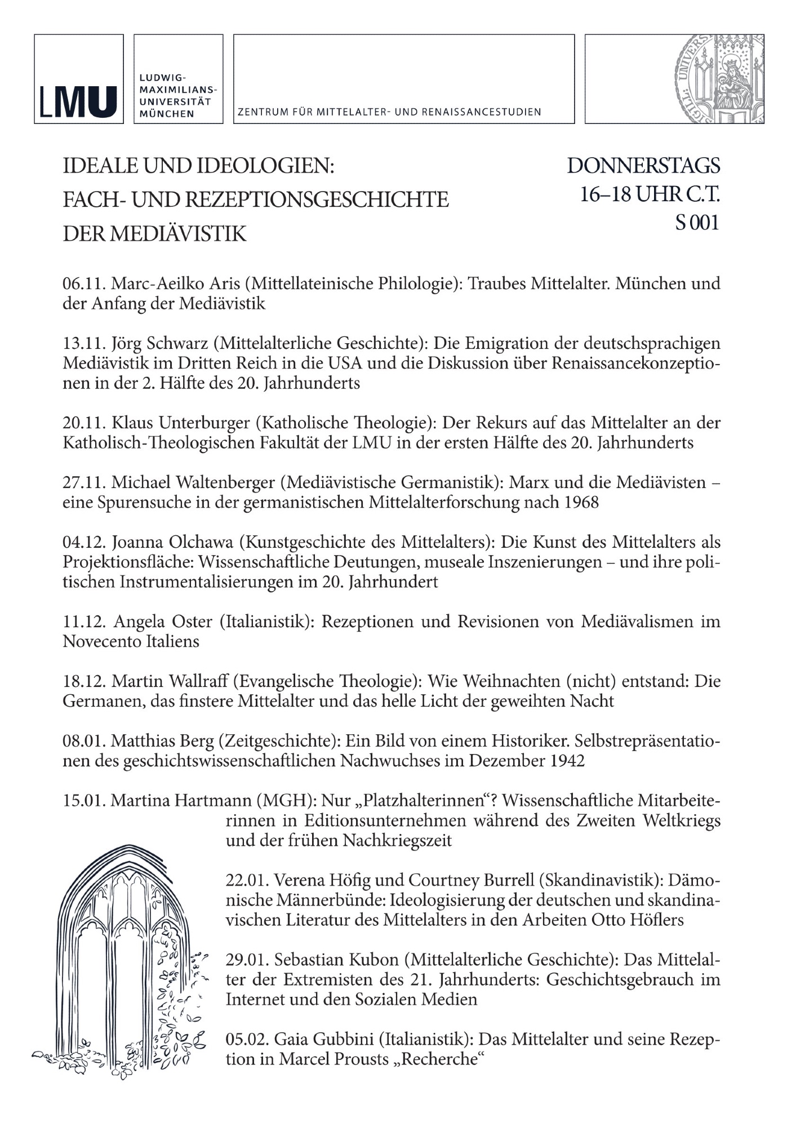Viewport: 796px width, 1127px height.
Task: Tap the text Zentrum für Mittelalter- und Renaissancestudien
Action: tap(389, 112)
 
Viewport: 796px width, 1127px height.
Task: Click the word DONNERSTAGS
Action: tap(643, 166)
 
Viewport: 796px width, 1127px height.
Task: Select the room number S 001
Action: tap(697, 223)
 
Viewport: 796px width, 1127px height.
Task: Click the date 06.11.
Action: tap(84, 283)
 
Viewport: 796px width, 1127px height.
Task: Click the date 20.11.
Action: tap(84, 423)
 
